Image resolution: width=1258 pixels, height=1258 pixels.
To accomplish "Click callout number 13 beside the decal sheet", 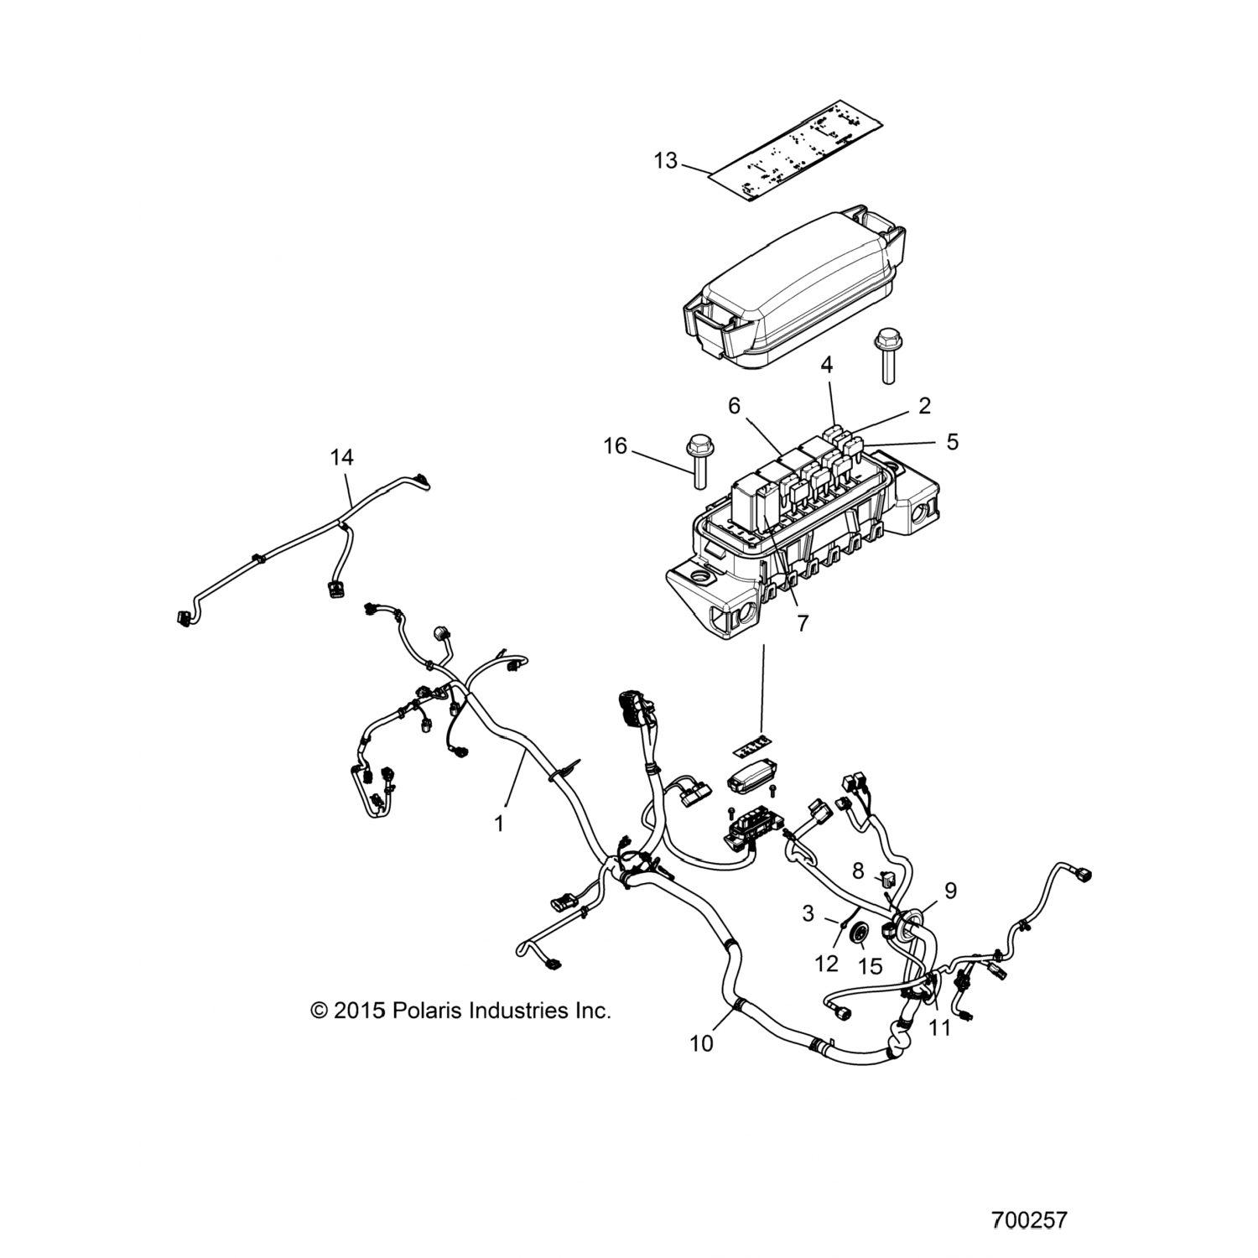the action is [665, 160].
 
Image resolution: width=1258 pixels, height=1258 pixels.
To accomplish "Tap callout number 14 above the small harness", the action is [341, 457].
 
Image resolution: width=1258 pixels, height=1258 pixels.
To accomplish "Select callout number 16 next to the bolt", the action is [616, 445].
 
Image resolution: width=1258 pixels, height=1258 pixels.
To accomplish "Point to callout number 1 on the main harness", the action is [499, 824].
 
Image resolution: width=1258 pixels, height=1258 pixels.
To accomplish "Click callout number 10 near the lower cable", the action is [702, 1043].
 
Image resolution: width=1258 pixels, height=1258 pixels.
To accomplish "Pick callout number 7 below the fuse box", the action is [803, 624].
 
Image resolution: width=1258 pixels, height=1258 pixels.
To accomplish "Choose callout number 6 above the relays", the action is [735, 405].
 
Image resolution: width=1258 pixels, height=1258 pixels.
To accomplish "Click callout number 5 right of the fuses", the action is [952, 441].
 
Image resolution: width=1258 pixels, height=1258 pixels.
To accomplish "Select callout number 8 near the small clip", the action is [857, 871].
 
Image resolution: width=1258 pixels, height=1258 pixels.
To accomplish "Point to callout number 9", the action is [950, 891].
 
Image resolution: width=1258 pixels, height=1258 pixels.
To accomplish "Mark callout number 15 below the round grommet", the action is [871, 966].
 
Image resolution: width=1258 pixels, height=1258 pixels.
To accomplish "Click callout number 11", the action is [940, 1027].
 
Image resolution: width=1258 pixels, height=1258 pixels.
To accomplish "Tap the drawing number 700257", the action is [1029, 1219].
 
